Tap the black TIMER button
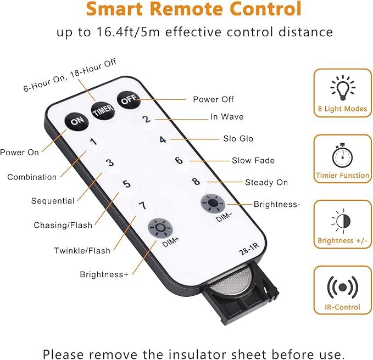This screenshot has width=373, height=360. click(103, 110)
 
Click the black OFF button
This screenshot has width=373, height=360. click(129, 100)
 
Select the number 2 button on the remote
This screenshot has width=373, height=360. click(147, 119)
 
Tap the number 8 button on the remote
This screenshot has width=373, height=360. click(196, 182)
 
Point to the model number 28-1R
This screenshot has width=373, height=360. click(249, 249)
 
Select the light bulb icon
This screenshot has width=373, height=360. click(343, 87)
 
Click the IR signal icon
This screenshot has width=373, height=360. click(343, 288)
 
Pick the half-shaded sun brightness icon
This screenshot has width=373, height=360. click(342, 221)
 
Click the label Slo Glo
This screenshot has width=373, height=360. click(238, 138)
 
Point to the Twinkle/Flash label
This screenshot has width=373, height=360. click(82, 250)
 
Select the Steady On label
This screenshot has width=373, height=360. click(266, 182)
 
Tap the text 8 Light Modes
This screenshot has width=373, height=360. click(343, 109)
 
